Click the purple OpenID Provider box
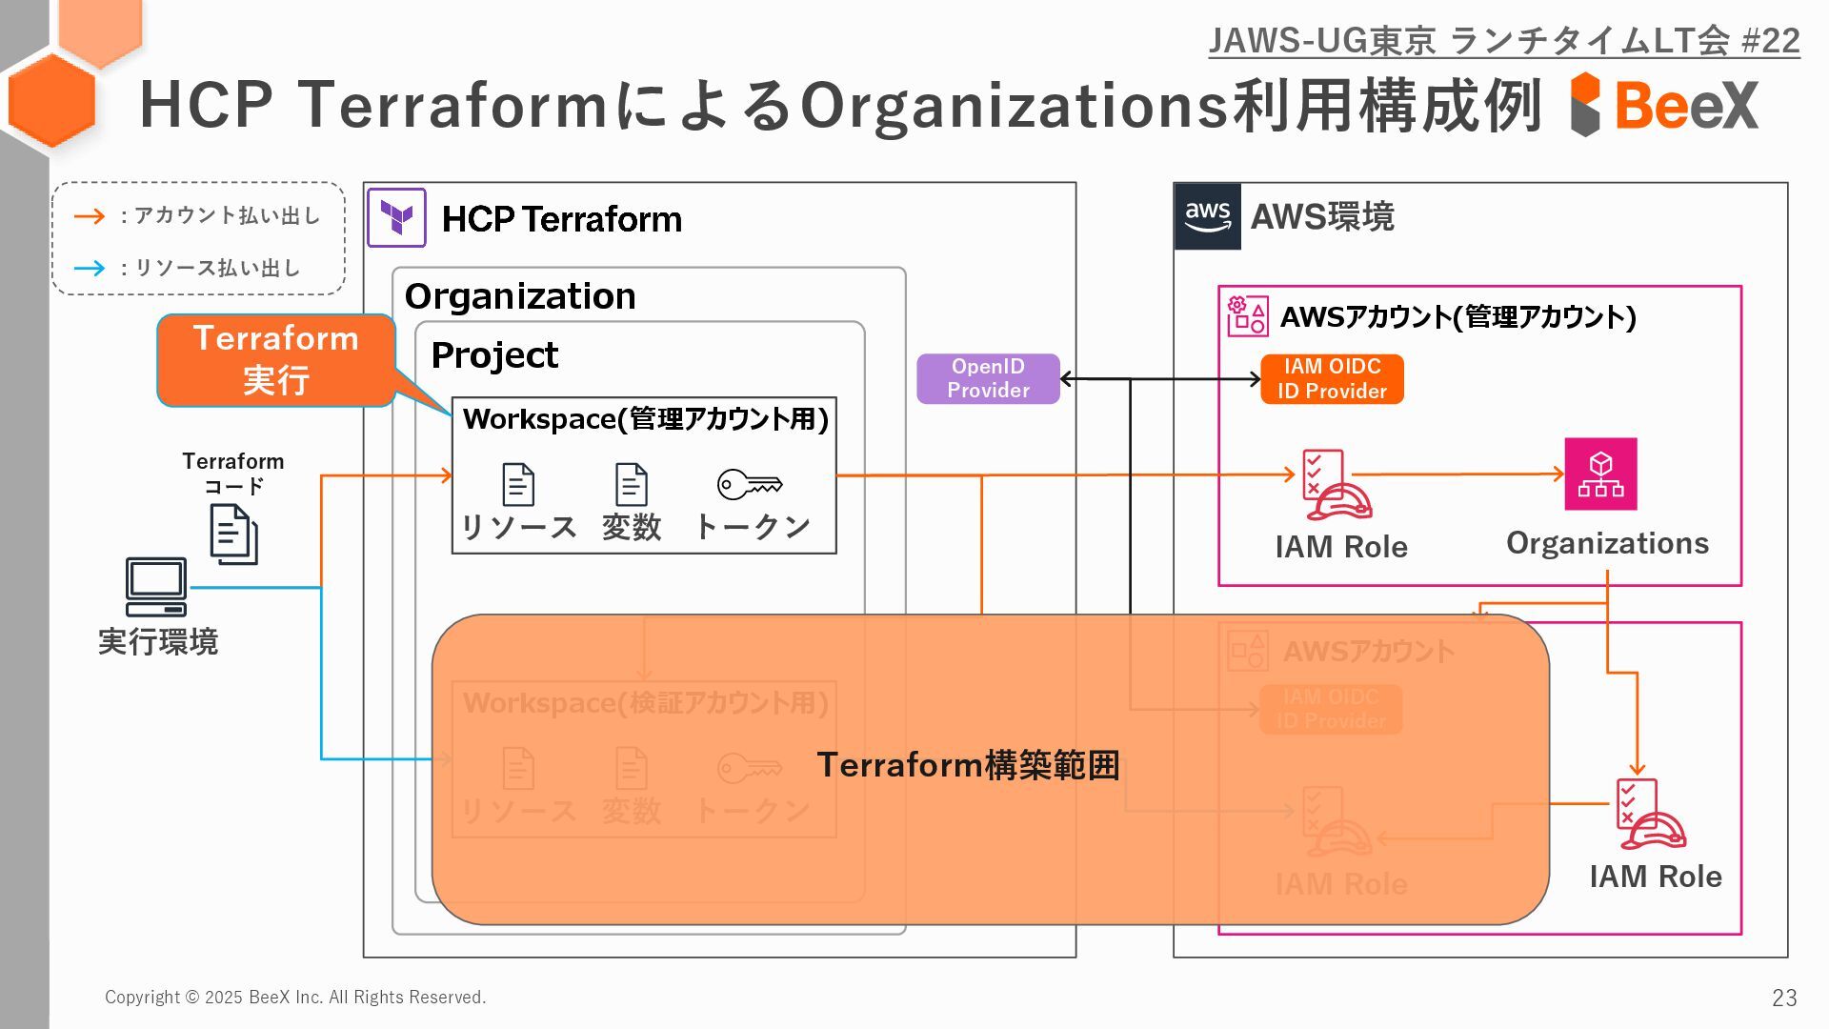coord(988,378)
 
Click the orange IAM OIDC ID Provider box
coord(1332,378)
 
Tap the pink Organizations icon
coord(1600,474)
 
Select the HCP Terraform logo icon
coord(396,218)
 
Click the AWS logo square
coord(1208,216)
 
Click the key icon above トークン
coord(750,484)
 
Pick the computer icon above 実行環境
coord(156,587)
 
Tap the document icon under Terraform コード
coord(233,534)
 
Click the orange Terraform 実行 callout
coord(276,360)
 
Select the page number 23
coord(1784,998)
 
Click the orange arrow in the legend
coord(90,216)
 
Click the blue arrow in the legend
coord(90,268)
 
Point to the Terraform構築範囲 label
coord(968,765)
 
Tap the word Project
coord(494,355)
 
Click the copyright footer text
coord(295,998)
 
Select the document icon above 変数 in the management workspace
coord(631,484)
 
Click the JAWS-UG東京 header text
coord(1503,41)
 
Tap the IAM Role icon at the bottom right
coord(1649,815)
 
